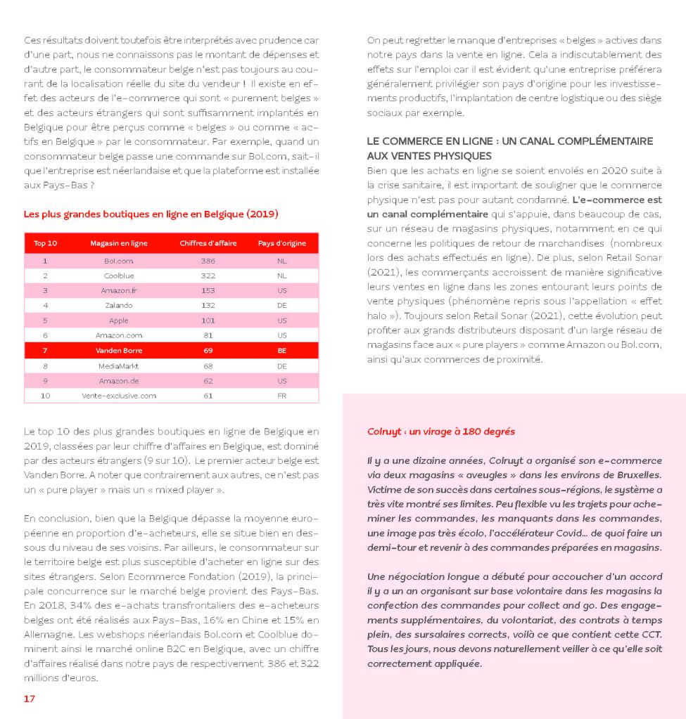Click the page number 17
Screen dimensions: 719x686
click(30, 699)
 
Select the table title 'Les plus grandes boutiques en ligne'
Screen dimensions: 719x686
click(151, 214)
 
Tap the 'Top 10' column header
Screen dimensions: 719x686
click(46, 243)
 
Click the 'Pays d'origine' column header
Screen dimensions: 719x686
click(282, 243)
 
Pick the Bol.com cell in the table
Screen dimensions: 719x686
click(118, 260)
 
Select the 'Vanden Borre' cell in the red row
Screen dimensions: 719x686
click(118, 350)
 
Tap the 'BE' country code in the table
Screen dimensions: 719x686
click(282, 350)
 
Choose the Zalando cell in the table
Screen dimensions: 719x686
click(118, 305)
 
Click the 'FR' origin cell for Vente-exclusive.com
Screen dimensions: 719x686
click(282, 396)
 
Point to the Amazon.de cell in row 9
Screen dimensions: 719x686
click(118, 381)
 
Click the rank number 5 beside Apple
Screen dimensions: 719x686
click(46, 320)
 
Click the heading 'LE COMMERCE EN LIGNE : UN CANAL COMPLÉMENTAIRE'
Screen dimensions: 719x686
click(509, 141)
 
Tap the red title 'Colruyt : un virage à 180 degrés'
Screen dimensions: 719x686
click(440, 432)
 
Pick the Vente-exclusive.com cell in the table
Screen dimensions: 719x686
click(118, 396)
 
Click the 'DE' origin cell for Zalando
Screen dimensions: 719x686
click(282, 305)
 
